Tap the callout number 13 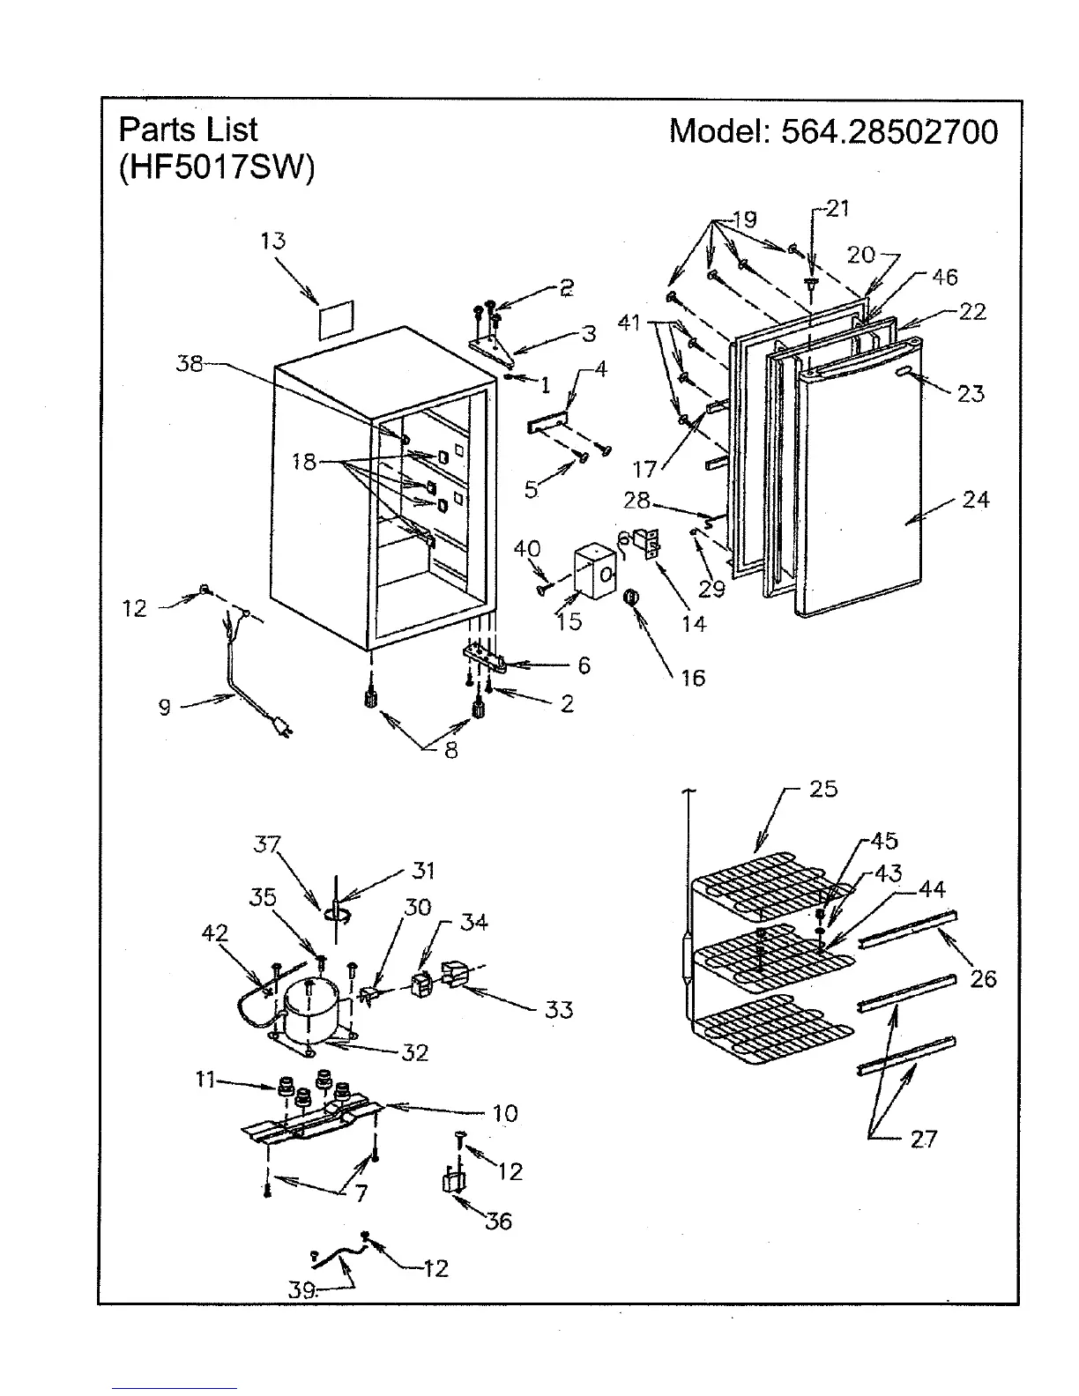click(x=273, y=241)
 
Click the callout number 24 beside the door click(x=976, y=500)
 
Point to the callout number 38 click(x=190, y=363)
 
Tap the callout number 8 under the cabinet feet click(x=450, y=752)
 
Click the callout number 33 click(x=559, y=1009)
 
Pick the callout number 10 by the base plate click(x=504, y=1113)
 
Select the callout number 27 click(x=923, y=1139)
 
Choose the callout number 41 click(x=629, y=323)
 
